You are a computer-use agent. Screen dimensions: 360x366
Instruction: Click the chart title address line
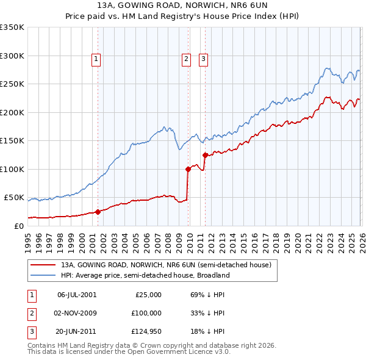coord(182,5)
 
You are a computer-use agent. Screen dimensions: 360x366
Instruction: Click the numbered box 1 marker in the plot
coord(97,59)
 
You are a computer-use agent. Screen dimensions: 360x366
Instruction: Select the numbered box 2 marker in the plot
coord(185,59)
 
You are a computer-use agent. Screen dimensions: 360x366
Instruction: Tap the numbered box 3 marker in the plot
coord(203,59)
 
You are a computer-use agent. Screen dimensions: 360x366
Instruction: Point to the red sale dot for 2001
coord(98,212)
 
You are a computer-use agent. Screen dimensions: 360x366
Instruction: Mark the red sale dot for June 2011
coord(205,155)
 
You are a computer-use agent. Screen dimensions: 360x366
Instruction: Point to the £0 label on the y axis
coord(20,226)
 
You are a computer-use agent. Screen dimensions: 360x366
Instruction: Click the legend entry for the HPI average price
coord(145,275)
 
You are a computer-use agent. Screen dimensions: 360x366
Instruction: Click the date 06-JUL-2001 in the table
coord(76,294)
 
